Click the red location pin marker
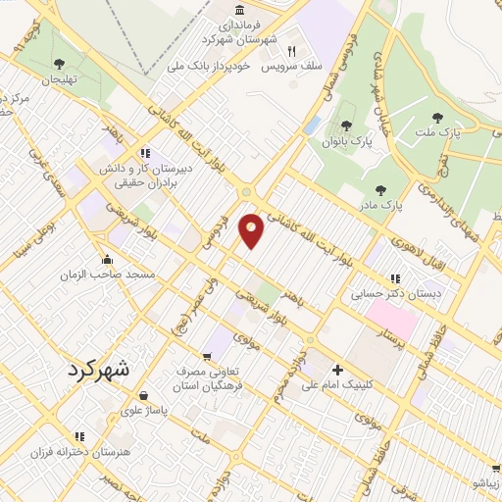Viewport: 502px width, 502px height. click(252, 229)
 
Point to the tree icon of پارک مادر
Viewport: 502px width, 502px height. click(380, 190)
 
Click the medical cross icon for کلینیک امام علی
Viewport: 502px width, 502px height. click(338, 370)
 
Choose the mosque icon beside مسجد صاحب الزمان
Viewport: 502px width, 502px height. click(108, 260)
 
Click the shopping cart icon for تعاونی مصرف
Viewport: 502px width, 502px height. click(206, 355)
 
